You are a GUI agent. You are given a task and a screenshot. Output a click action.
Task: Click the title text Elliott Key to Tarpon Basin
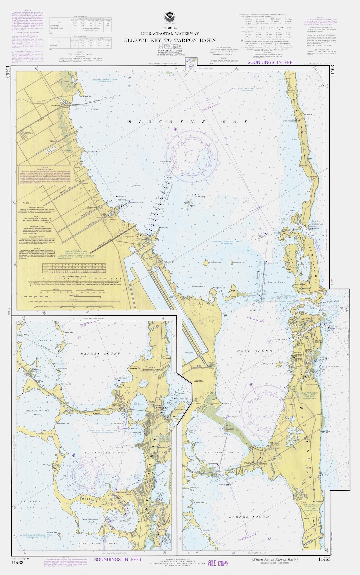pyautogui.click(x=170, y=40)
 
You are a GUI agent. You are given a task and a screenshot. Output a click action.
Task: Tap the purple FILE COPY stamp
pyautogui.click(x=218, y=563)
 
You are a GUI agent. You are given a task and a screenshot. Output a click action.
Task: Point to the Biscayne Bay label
pyautogui.click(x=188, y=122)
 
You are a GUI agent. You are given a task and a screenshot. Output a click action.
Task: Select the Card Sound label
pyautogui.click(x=255, y=351)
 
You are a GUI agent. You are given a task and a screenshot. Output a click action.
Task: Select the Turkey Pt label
pyautogui.click(x=163, y=227)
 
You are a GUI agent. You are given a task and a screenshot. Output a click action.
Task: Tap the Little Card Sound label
pyautogui.click(x=219, y=452)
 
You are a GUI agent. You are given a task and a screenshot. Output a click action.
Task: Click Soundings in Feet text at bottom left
pyautogui.click(x=118, y=559)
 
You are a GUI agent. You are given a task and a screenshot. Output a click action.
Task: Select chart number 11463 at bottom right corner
pyautogui.click(x=324, y=559)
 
